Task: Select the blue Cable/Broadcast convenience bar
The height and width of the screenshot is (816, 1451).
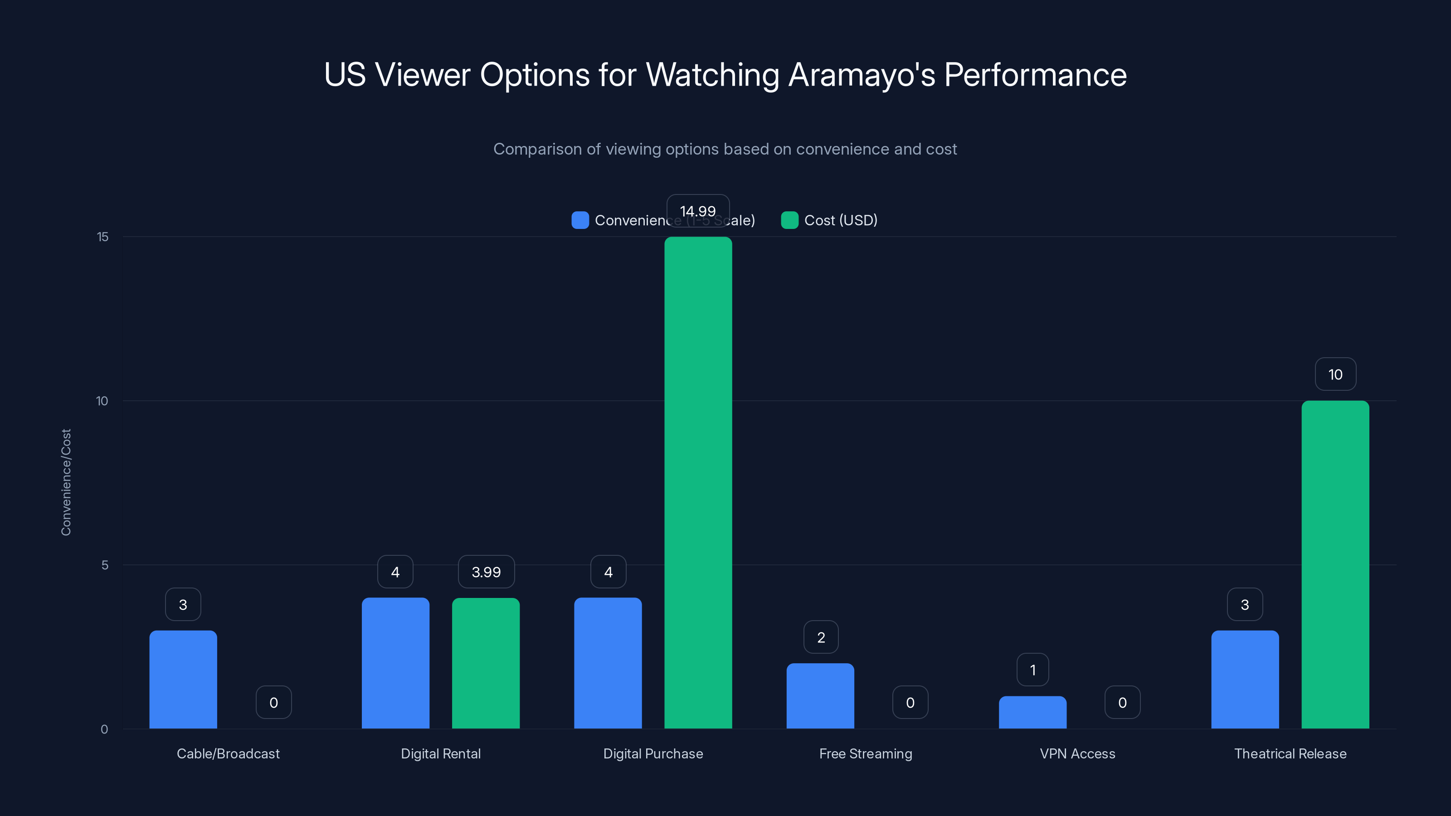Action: (183, 679)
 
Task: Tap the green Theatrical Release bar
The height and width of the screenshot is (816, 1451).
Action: (1335, 564)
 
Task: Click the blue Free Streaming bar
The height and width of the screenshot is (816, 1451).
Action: (820, 696)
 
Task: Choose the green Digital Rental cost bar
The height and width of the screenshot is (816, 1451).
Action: (486, 663)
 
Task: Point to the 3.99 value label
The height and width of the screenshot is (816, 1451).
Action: (486, 572)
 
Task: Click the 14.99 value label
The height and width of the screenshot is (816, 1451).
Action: (698, 211)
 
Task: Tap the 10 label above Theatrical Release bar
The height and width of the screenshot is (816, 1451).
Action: (1335, 374)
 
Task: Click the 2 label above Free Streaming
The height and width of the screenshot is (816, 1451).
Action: (821, 637)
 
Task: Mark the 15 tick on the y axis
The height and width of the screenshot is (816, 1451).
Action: (102, 237)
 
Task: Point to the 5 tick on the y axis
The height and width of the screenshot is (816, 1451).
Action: (105, 565)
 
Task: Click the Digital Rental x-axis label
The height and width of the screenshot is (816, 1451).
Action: (440, 753)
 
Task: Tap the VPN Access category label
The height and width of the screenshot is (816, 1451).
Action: (1077, 753)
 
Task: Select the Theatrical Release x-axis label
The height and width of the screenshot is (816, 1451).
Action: (1290, 753)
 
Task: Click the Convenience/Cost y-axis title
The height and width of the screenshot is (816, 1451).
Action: (66, 482)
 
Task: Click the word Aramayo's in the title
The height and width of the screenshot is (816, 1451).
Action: (861, 74)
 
